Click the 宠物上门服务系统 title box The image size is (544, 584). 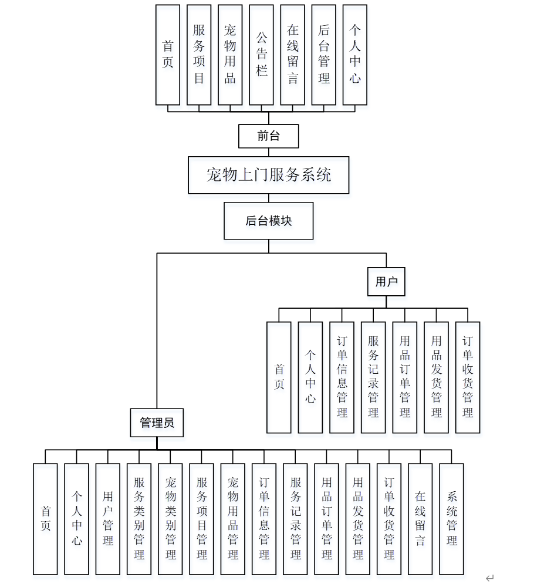(268, 175)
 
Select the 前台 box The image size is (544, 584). (268, 136)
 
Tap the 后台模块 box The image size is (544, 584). (268, 221)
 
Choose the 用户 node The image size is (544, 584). (386, 282)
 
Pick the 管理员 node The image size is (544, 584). (157, 423)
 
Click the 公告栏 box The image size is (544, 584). (261, 55)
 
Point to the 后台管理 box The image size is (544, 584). (324, 55)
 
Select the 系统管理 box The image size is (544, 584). (451, 519)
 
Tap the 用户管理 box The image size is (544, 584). (107, 519)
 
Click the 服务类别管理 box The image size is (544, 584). (139, 519)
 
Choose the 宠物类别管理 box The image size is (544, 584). (170, 519)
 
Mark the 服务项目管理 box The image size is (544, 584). (201, 519)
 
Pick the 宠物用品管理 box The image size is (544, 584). (233, 519)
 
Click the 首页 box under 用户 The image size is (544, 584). (279, 377)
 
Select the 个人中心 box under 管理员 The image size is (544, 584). (76, 519)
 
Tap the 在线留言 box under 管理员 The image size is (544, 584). (420, 519)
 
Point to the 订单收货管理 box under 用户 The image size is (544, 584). (468, 377)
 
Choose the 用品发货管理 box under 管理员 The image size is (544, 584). (357, 519)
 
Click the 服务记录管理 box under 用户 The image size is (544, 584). (373, 377)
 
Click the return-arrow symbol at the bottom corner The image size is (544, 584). (489, 578)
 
